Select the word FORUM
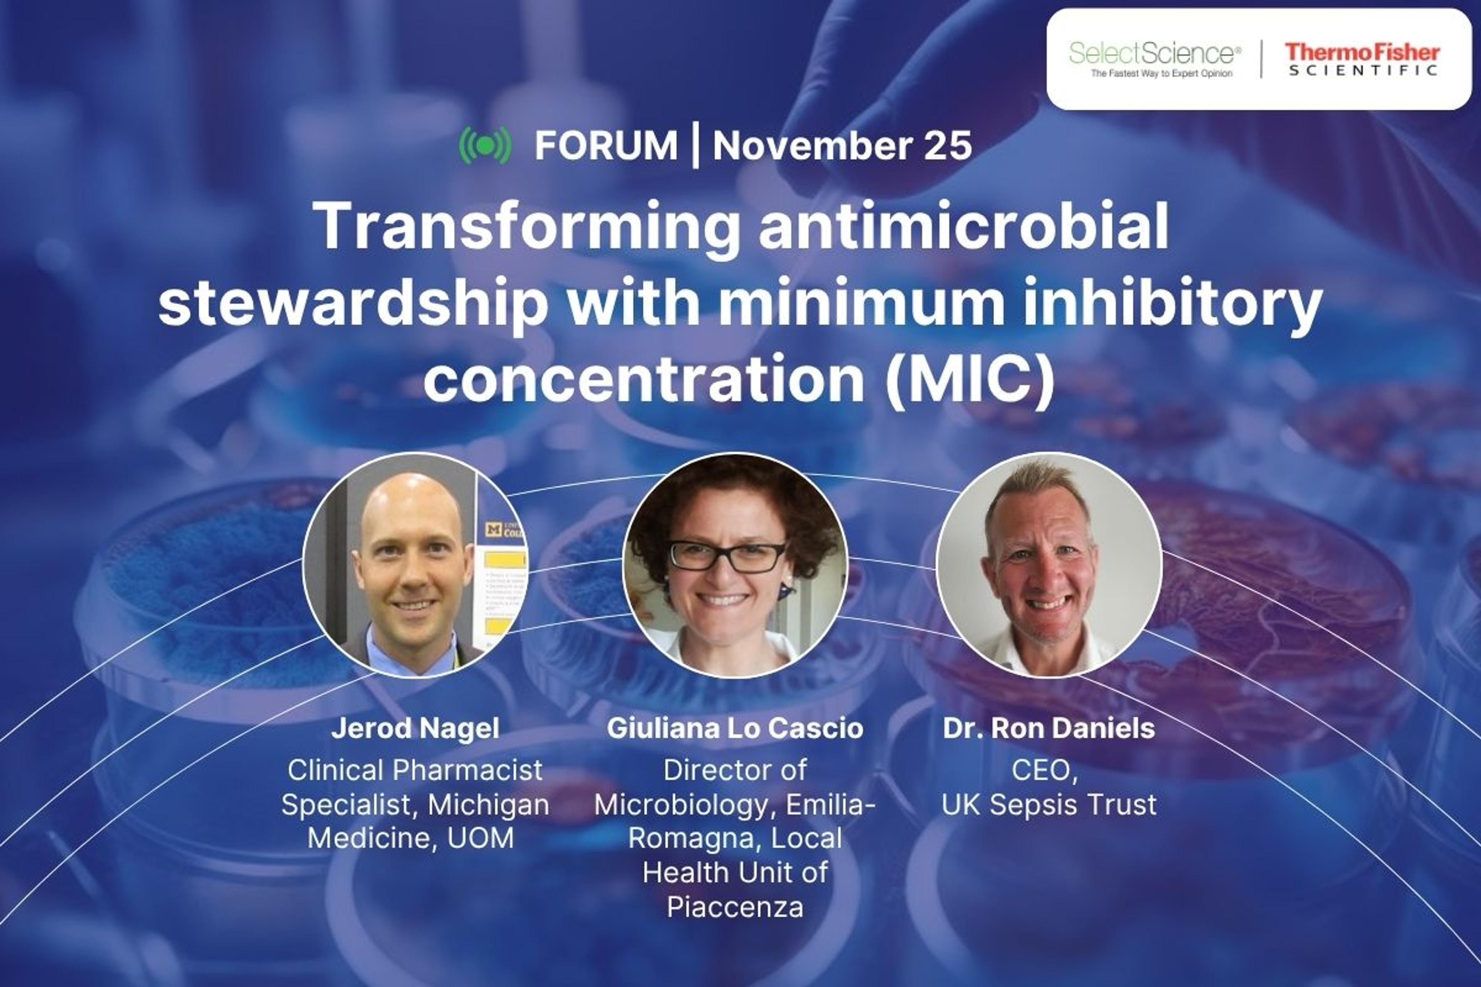point(606,145)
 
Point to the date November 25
point(842,145)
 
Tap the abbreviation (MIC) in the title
point(970,379)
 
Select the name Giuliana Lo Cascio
point(735,728)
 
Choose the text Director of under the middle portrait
point(735,770)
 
